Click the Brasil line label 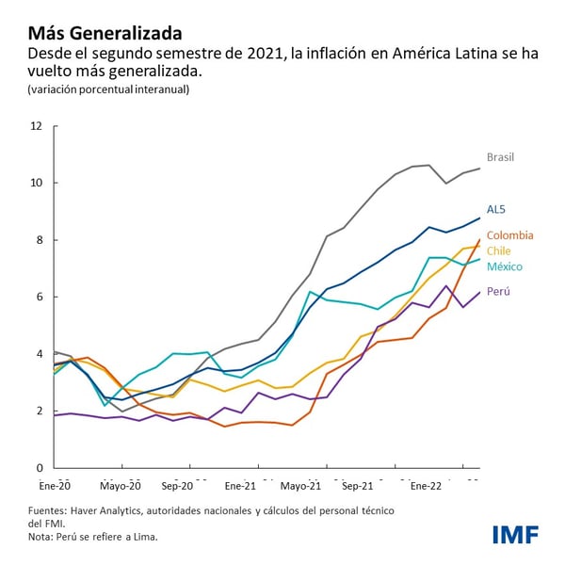click(502, 156)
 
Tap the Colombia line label click(509, 234)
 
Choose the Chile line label click(499, 250)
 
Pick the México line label click(505, 266)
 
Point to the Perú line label click(498, 292)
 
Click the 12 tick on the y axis click(36, 125)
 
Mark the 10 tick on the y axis click(36, 183)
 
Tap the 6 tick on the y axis click(39, 297)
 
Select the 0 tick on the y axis click(39, 468)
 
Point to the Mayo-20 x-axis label click(119, 487)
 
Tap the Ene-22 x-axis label click(424, 487)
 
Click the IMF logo click(515, 534)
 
